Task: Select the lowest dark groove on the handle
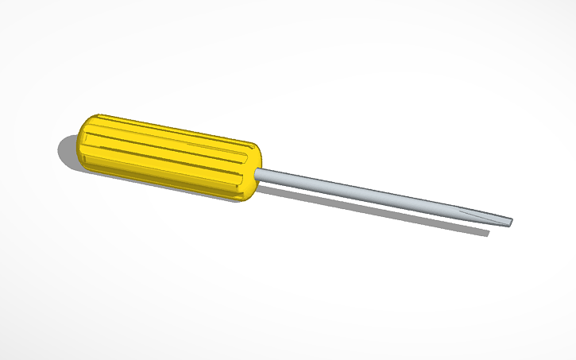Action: point(159,173)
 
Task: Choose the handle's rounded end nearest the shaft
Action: point(253,171)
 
